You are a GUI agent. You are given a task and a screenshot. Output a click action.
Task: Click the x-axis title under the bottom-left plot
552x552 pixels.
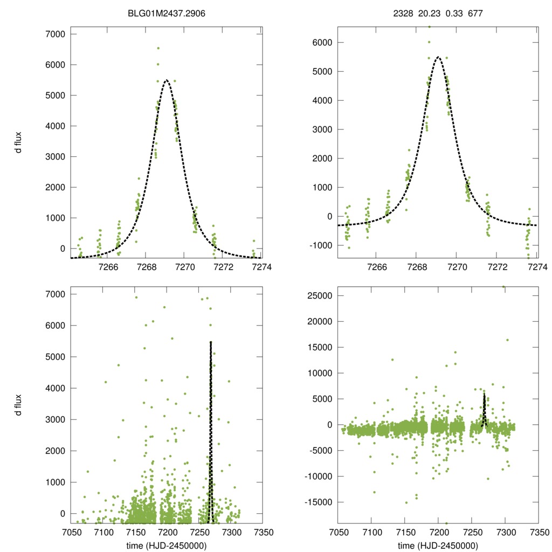tap(167, 546)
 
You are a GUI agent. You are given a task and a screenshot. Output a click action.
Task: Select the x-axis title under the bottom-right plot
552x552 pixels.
tap(438, 546)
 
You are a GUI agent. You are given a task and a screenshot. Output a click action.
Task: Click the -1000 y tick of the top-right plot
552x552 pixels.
tap(319, 245)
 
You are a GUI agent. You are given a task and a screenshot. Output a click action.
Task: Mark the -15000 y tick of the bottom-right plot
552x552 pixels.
tap(317, 502)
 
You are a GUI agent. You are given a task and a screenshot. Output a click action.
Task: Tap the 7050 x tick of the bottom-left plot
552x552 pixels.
tap(71, 532)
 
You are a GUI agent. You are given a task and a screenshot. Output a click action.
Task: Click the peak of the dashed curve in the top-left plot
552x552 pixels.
tap(167, 80)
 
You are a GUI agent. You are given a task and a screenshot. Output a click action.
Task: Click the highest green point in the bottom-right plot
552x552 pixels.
tap(503, 287)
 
